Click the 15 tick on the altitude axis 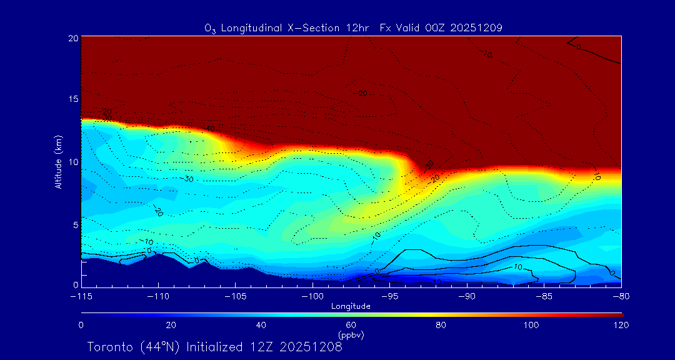pyautogui.click(x=74, y=99)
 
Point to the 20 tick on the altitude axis pyautogui.click(x=74, y=38)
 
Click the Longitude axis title pyautogui.click(x=351, y=306)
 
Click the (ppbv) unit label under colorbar pyautogui.click(x=351, y=335)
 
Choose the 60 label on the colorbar pyautogui.click(x=351, y=325)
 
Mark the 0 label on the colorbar pyautogui.click(x=81, y=325)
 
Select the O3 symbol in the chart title pyautogui.click(x=210, y=28)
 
